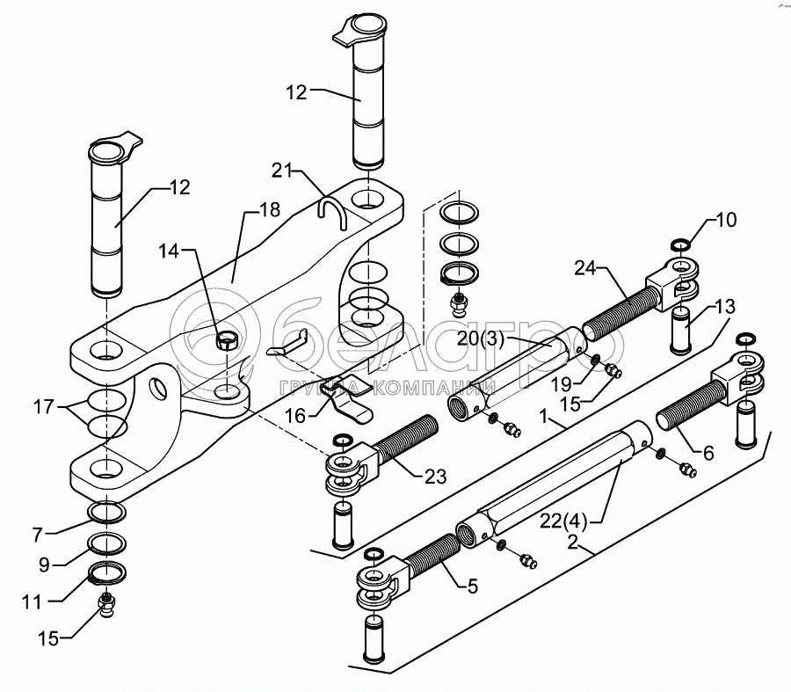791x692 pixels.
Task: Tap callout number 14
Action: point(173,251)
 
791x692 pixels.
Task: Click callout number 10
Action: point(727,220)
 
